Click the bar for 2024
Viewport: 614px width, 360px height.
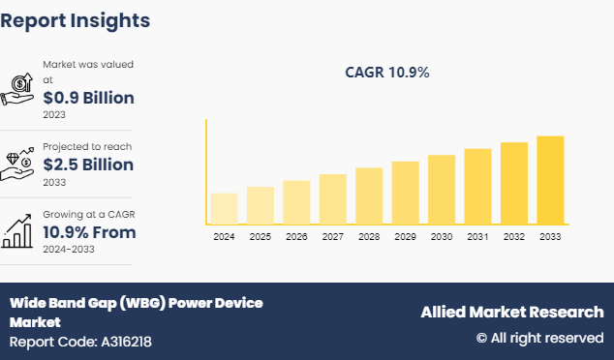pyautogui.click(x=224, y=209)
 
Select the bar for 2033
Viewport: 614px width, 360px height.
pyautogui.click(x=550, y=180)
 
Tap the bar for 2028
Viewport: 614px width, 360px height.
pyautogui.click(x=369, y=196)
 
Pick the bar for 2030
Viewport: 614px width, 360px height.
pyautogui.click(x=442, y=190)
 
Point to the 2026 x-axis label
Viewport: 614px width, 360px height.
pyautogui.click(x=296, y=236)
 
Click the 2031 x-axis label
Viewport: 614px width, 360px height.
pyautogui.click(x=477, y=236)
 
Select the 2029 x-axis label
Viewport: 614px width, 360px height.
pyautogui.click(x=405, y=236)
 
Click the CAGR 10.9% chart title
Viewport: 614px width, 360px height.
pyautogui.click(x=387, y=72)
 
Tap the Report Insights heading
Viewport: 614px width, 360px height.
pyautogui.click(x=76, y=19)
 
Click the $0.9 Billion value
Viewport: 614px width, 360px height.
pyautogui.click(x=88, y=98)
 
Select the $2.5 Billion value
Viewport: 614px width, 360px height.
pyautogui.click(x=88, y=165)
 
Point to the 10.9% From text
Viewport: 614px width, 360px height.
pyautogui.click(x=89, y=232)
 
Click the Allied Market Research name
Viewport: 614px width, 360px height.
pyautogui.click(x=511, y=312)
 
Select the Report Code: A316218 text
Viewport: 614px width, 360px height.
pyautogui.click(x=80, y=342)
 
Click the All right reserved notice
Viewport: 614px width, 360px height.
pyautogui.click(x=538, y=338)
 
